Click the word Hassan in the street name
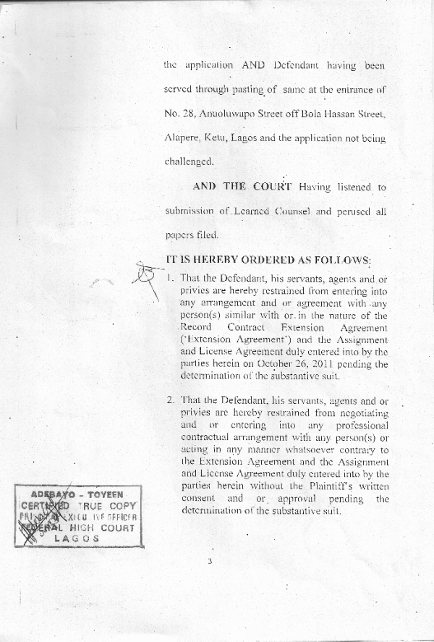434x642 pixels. point(343,114)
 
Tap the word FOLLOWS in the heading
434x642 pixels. point(339,260)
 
